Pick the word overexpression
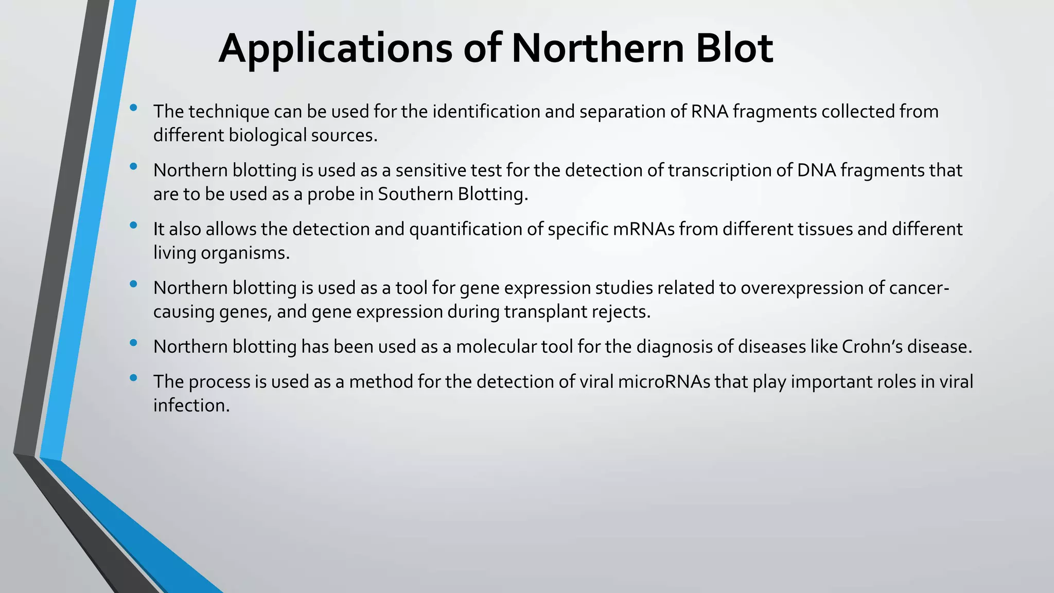tap(801, 288)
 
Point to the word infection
tap(191, 405)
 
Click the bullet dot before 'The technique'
tap(134, 108)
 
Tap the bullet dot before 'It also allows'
tap(134, 225)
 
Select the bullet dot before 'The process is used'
tap(134, 378)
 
